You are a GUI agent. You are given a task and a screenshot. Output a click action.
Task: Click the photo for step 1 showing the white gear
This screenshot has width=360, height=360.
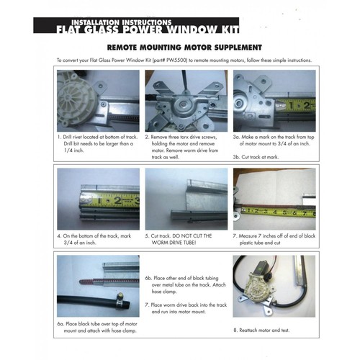(92, 101)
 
